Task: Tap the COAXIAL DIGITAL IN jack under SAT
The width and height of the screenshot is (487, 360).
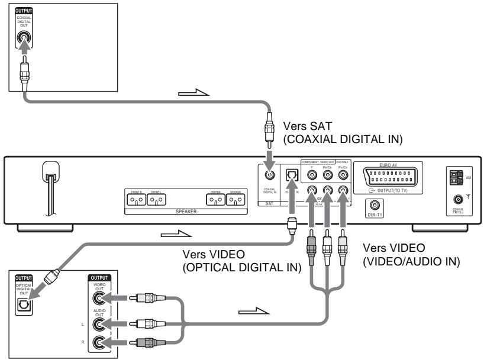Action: point(269,176)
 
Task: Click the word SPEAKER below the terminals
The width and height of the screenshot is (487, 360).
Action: point(185,211)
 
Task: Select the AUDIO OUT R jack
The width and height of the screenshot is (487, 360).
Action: point(96,341)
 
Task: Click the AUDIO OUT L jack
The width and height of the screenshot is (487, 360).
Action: point(96,323)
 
